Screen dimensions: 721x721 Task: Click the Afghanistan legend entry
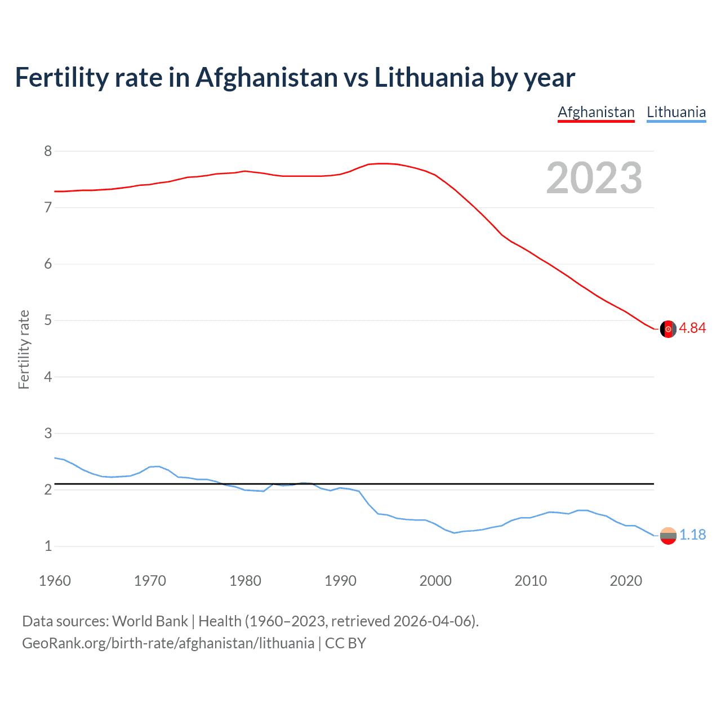coord(596,112)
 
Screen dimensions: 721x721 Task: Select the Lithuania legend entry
coord(676,112)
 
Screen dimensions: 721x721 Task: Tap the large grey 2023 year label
coord(594,178)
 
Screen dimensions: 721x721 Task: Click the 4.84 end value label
coord(692,328)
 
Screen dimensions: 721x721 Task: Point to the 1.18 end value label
coord(692,535)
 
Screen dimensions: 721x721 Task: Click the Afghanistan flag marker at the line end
coord(668,329)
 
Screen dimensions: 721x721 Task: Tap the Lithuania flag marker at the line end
coord(668,536)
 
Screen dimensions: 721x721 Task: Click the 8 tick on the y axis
coord(48,151)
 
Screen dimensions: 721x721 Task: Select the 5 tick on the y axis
coord(48,321)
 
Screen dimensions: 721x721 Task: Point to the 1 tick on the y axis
coord(48,546)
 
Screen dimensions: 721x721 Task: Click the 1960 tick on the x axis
coord(55,581)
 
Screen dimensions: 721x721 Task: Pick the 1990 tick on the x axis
coord(340,581)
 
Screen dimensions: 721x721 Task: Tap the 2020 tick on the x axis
coord(626,581)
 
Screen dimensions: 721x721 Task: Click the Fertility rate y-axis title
coord(24,349)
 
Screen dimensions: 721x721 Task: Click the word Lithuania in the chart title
coord(429,77)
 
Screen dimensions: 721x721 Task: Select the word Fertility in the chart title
coord(61,77)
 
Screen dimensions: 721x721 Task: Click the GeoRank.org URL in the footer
coord(168,643)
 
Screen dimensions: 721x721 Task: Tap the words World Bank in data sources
coord(150,621)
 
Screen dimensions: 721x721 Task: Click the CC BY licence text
coord(345,643)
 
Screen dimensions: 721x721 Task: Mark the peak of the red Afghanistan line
coord(383,163)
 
